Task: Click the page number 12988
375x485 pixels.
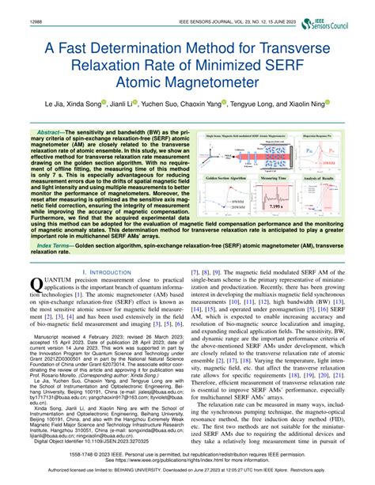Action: (14, 9)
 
